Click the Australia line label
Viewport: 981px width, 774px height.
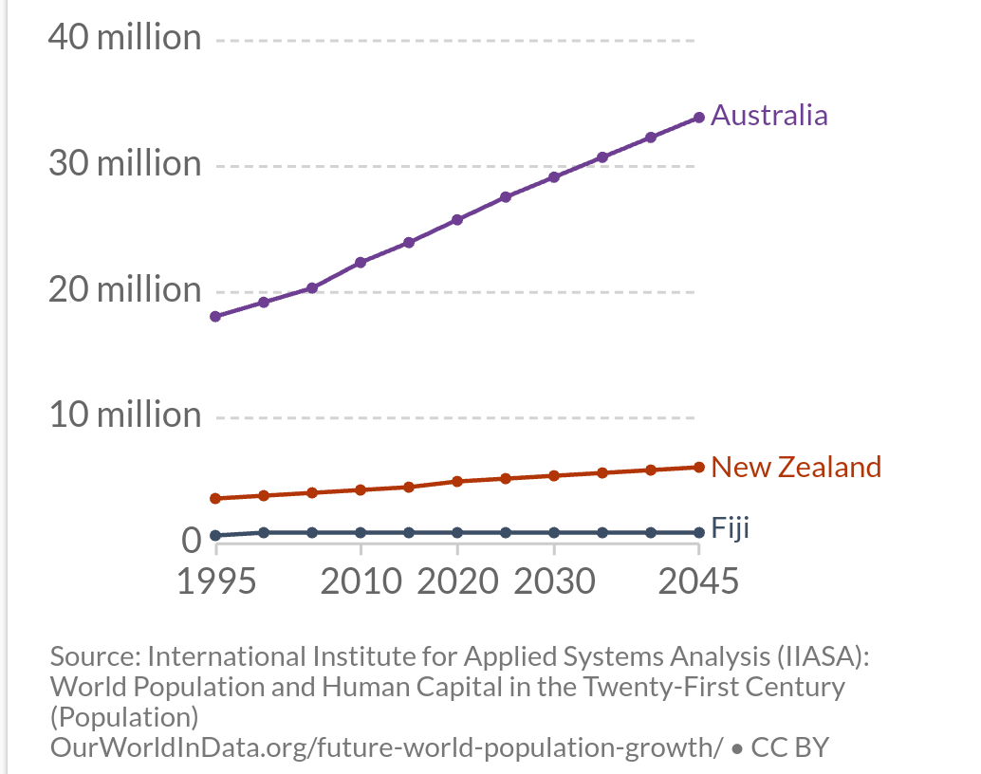pyautogui.click(x=768, y=116)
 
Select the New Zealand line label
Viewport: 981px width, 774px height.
pyautogui.click(x=795, y=467)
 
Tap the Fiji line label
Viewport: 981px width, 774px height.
pyautogui.click(x=730, y=528)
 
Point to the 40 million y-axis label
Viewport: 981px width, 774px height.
pyautogui.click(x=125, y=38)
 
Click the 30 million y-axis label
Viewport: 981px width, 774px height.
pyautogui.click(x=125, y=164)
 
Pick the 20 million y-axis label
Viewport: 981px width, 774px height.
pyautogui.click(x=125, y=289)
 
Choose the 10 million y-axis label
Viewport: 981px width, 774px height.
pyautogui.click(x=125, y=415)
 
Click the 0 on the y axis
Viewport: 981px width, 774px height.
pyautogui.click(x=192, y=541)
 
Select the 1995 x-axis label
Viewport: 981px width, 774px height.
pyautogui.click(x=216, y=580)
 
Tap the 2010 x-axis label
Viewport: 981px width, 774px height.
pyautogui.click(x=361, y=580)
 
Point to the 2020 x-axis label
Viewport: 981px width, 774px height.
pyautogui.click(x=457, y=580)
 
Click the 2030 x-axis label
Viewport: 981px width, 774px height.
pyautogui.click(x=554, y=580)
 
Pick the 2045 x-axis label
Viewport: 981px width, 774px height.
pyautogui.click(x=698, y=580)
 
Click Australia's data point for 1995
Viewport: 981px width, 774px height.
pyautogui.click(x=215, y=316)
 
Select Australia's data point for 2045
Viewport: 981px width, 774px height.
pyautogui.click(x=699, y=118)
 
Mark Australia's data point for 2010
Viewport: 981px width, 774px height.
pyautogui.click(x=361, y=262)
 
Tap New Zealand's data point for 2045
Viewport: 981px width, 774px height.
pyautogui.click(x=699, y=467)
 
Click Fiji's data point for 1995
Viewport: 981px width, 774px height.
pyautogui.click(x=215, y=536)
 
